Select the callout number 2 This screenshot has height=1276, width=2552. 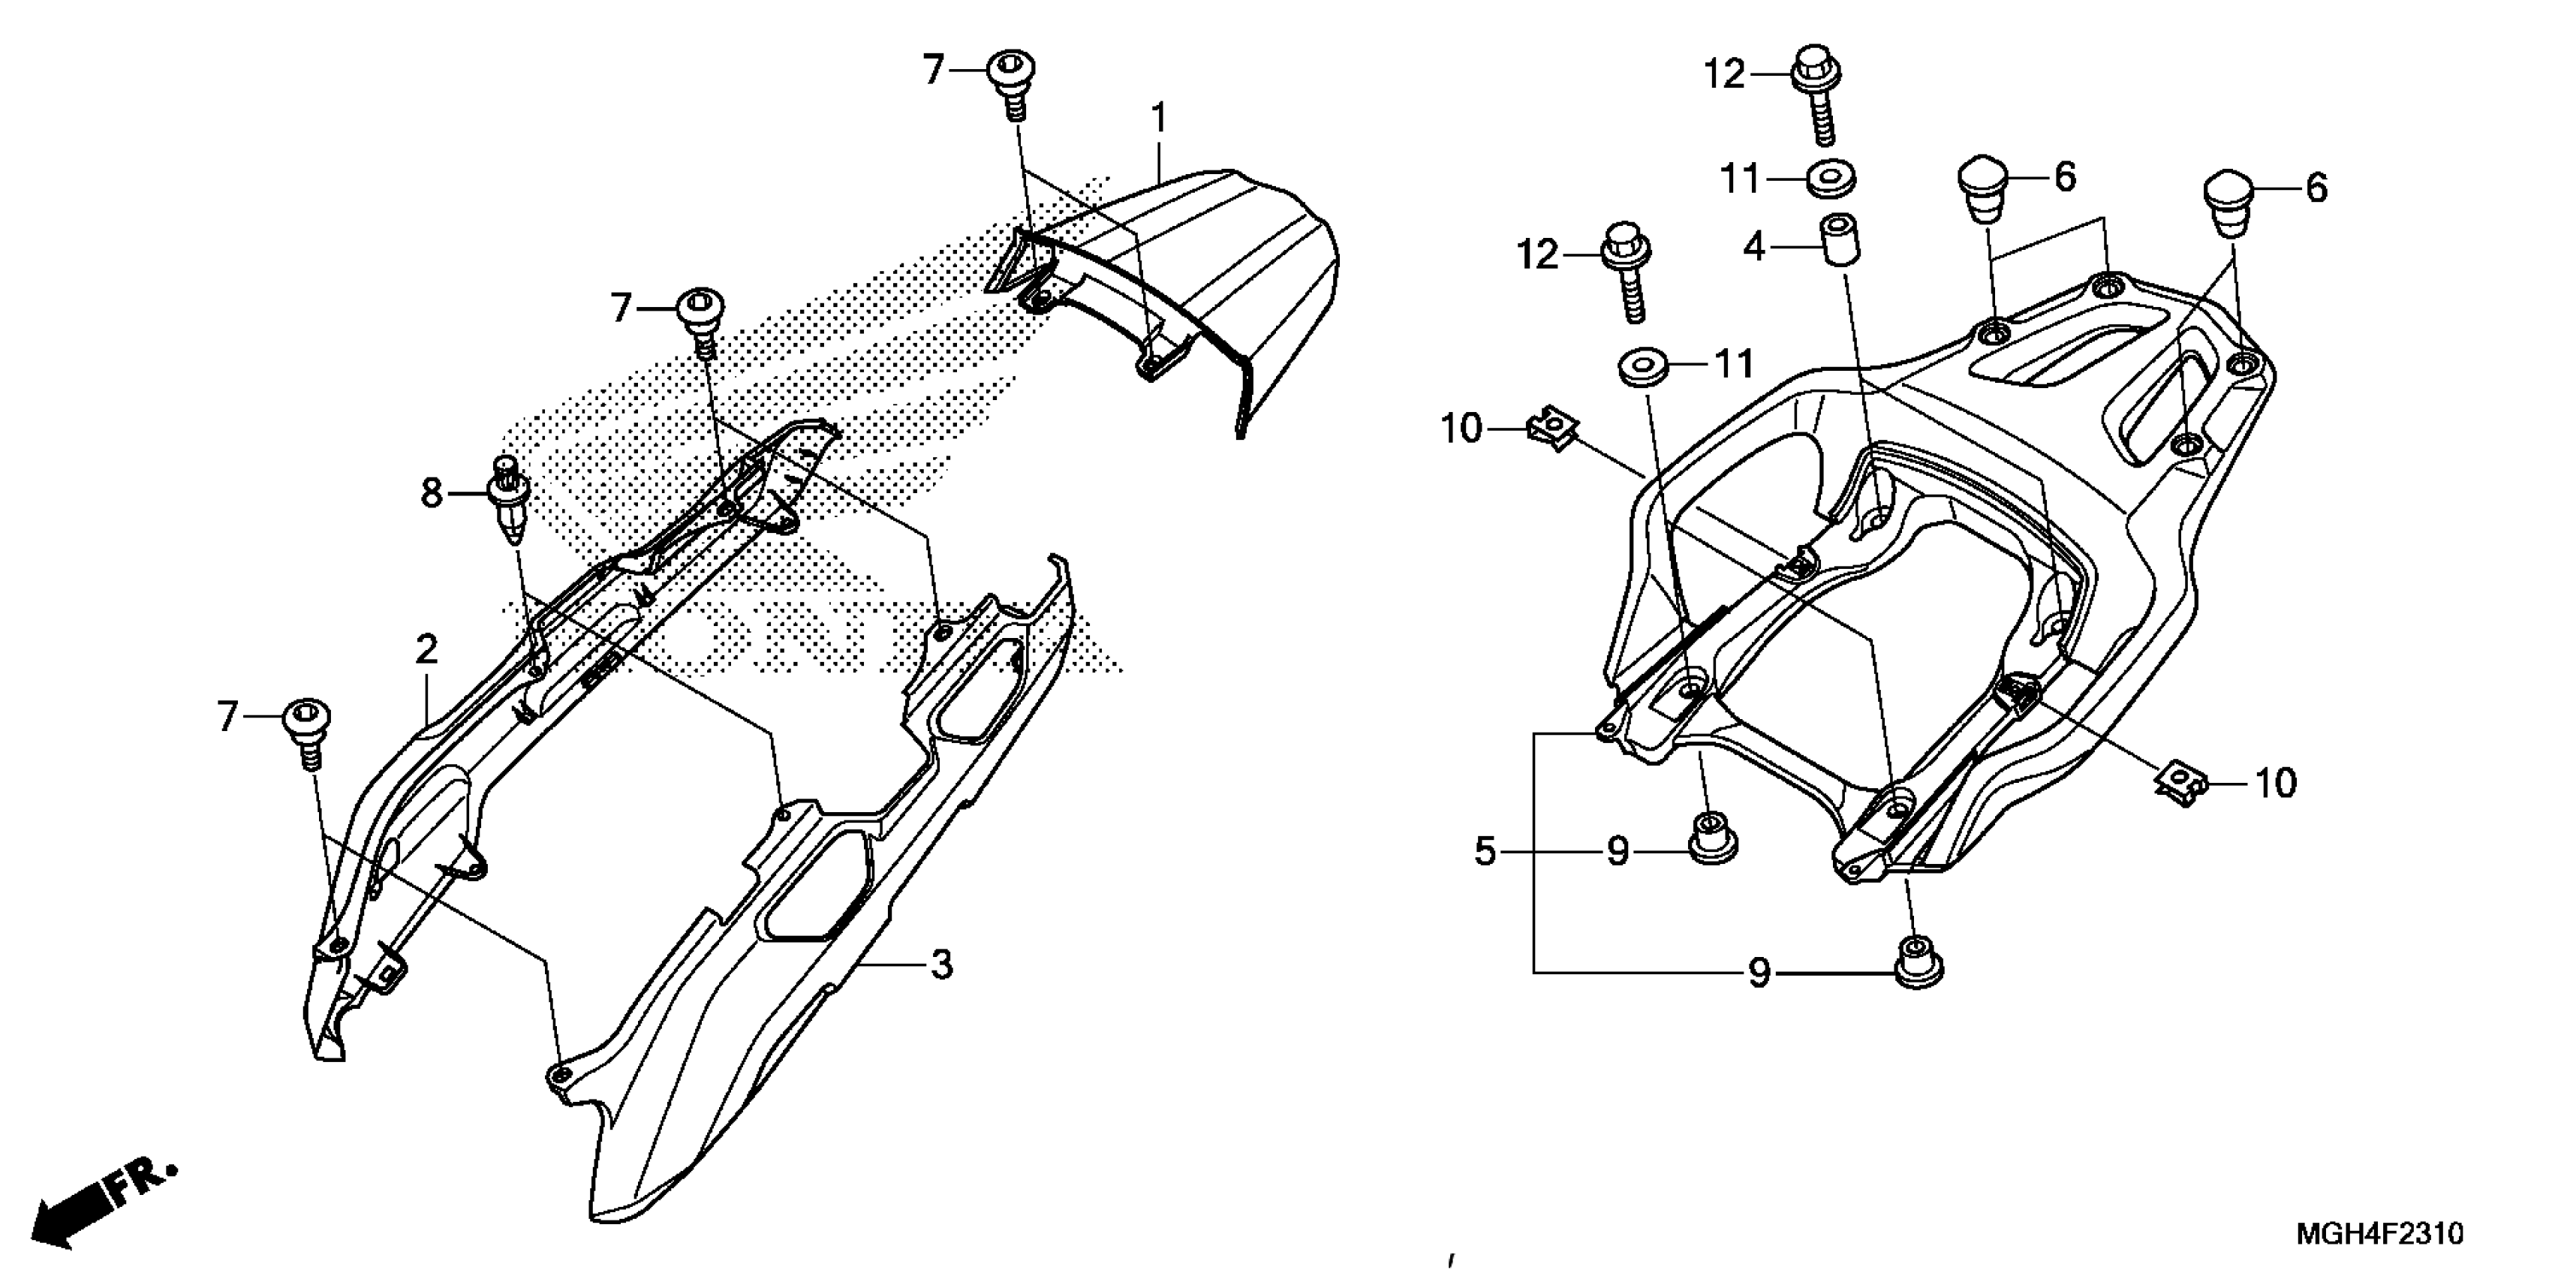[x=426, y=651]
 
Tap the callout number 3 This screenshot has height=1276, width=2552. [x=941, y=964]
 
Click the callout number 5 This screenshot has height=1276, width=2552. [x=1484, y=851]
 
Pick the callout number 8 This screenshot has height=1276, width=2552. [x=431, y=492]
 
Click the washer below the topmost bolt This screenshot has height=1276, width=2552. [x=1831, y=180]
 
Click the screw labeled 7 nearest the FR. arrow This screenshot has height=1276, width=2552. [x=307, y=730]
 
